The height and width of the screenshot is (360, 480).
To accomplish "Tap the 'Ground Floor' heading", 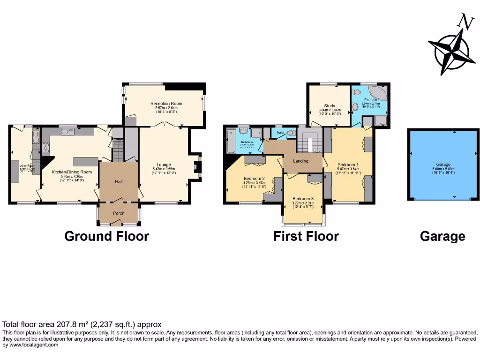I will click(x=106, y=236).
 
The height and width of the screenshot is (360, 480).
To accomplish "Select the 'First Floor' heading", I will click(x=306, y=236).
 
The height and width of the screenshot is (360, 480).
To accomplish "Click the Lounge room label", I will click(x=164, y=165).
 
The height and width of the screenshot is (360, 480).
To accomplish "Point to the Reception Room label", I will click(x=166, y=104).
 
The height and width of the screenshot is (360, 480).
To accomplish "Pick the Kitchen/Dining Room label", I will click(x=72, y=172).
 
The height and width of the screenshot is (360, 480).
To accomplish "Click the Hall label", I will click(x=119, y=181).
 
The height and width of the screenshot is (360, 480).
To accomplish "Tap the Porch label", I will click(x=119, y=213).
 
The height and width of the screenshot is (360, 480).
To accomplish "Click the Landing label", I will click(x=300, y=161).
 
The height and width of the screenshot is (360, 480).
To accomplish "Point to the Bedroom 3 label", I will click(x=303, y=199).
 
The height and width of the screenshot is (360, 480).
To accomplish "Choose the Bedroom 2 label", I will click(x=254, y=179).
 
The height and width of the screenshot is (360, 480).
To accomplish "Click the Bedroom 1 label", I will click(x=348, y=165).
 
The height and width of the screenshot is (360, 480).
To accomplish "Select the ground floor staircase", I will click(x=118, y=150).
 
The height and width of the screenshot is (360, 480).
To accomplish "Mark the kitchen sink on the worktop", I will click(x=67, y=132).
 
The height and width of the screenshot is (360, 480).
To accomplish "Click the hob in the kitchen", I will click(x=46, y=148).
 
